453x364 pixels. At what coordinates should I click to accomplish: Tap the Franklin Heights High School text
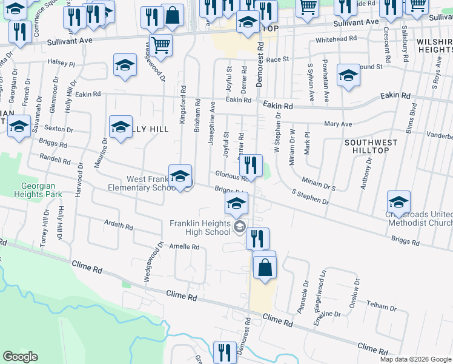pos(200,227)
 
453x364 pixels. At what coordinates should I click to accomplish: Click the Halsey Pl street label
pos(61,63)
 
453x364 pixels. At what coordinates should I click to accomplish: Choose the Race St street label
pos(278,59)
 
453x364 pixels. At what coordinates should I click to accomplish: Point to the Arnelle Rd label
pos(184,247)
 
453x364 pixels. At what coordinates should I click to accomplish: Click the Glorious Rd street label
pos(232,177)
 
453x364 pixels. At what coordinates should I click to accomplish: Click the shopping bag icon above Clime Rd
pos(265,267)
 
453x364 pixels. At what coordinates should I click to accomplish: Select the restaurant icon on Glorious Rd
pos(250,165)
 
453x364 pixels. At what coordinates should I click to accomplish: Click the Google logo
pos(20,357)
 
